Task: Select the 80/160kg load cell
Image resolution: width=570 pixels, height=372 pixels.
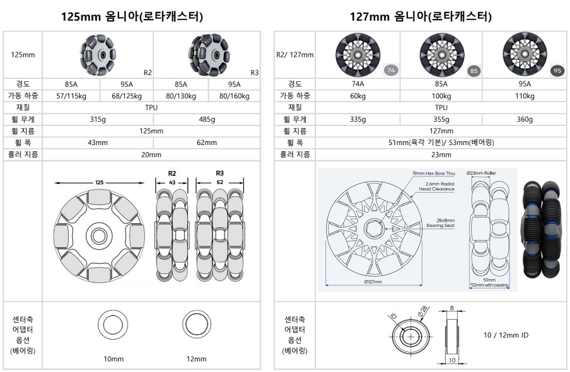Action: (x=234, y=96)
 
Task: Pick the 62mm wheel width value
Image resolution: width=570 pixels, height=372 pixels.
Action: (x=207, y=142)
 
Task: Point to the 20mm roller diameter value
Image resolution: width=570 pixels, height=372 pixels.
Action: (x=151, y=154)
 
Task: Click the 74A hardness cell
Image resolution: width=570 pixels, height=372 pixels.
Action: (x=358, y=84)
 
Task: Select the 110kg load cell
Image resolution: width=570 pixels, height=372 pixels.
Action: (x=525, y=96)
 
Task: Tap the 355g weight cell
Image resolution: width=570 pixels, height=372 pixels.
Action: (x=441, y=119)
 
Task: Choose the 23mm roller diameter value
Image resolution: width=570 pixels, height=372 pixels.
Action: (x=441, y=154)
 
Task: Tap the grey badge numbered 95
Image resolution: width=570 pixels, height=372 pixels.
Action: (x=557, y=71)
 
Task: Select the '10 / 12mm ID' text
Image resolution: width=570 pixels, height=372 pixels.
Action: (x=506, y=335)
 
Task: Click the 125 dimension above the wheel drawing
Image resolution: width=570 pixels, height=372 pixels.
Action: (x=100, y=182)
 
